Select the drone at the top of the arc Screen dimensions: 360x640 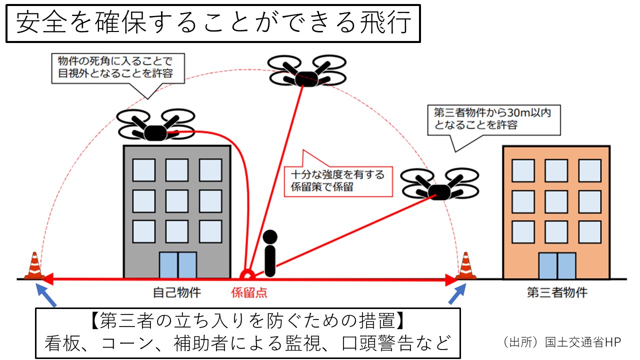(x=306, y=71)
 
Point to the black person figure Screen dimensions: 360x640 (x=270, y=253)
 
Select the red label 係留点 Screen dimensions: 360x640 (x=249, y=292)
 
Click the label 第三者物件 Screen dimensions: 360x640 (x=557, y=292)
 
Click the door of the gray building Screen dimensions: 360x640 (x=177, y=265)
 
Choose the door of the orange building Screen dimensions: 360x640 (x=557, y=265)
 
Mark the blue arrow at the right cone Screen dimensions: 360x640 (x=457, y=294)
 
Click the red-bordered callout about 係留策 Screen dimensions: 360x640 (x=337, y=181)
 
